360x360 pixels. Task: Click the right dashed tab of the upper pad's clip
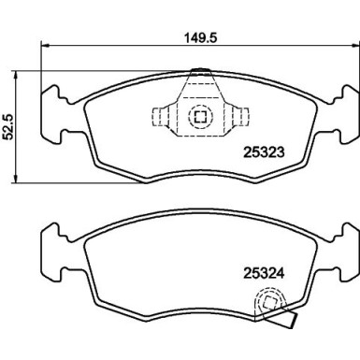(242, 117)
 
